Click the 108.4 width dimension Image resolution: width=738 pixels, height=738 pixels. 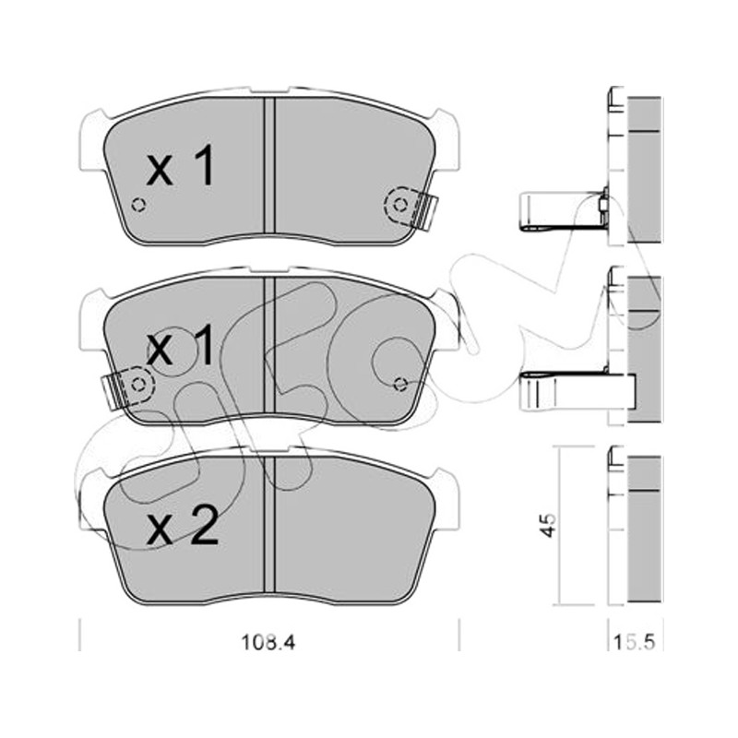268,642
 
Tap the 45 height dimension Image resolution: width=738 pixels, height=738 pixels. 549,525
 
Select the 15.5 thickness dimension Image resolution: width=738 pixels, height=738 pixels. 635,642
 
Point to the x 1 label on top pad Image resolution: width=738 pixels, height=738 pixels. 181,165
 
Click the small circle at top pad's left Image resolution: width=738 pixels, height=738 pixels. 138,205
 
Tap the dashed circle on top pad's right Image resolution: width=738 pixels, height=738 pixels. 400,205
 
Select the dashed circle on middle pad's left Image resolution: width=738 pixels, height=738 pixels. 137,385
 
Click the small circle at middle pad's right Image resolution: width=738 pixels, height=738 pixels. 400,385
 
